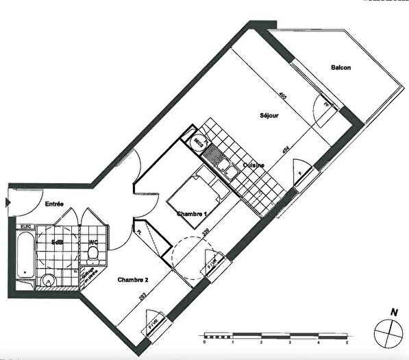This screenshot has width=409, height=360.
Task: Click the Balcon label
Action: pyautogui.click(x=340, y=67)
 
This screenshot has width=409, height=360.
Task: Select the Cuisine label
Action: pyautogui.click(x=253, y=166)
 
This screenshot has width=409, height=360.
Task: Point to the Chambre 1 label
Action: pyautogui.click(x=192, y=215)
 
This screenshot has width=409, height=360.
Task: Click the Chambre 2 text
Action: pyautogui.click(x=132, y=279)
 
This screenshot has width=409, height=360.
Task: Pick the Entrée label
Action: pyautogui.click(x=55, y=204)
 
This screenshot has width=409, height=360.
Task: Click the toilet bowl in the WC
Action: pyautogui.click(x=94, y=254)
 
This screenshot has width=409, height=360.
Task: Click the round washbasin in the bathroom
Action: pyautogui.click(x=47, y=280)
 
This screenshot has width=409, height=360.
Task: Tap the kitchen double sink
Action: pyautogui.click(x=225, y=169)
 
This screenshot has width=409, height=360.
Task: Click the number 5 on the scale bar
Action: pyautogui.click(x=347, y=341)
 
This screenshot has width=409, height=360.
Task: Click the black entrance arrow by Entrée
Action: pyautogui.click(x=7, y=202)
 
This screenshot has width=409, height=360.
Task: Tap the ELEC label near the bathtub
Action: pyautogui.click(x=26, y=226)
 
